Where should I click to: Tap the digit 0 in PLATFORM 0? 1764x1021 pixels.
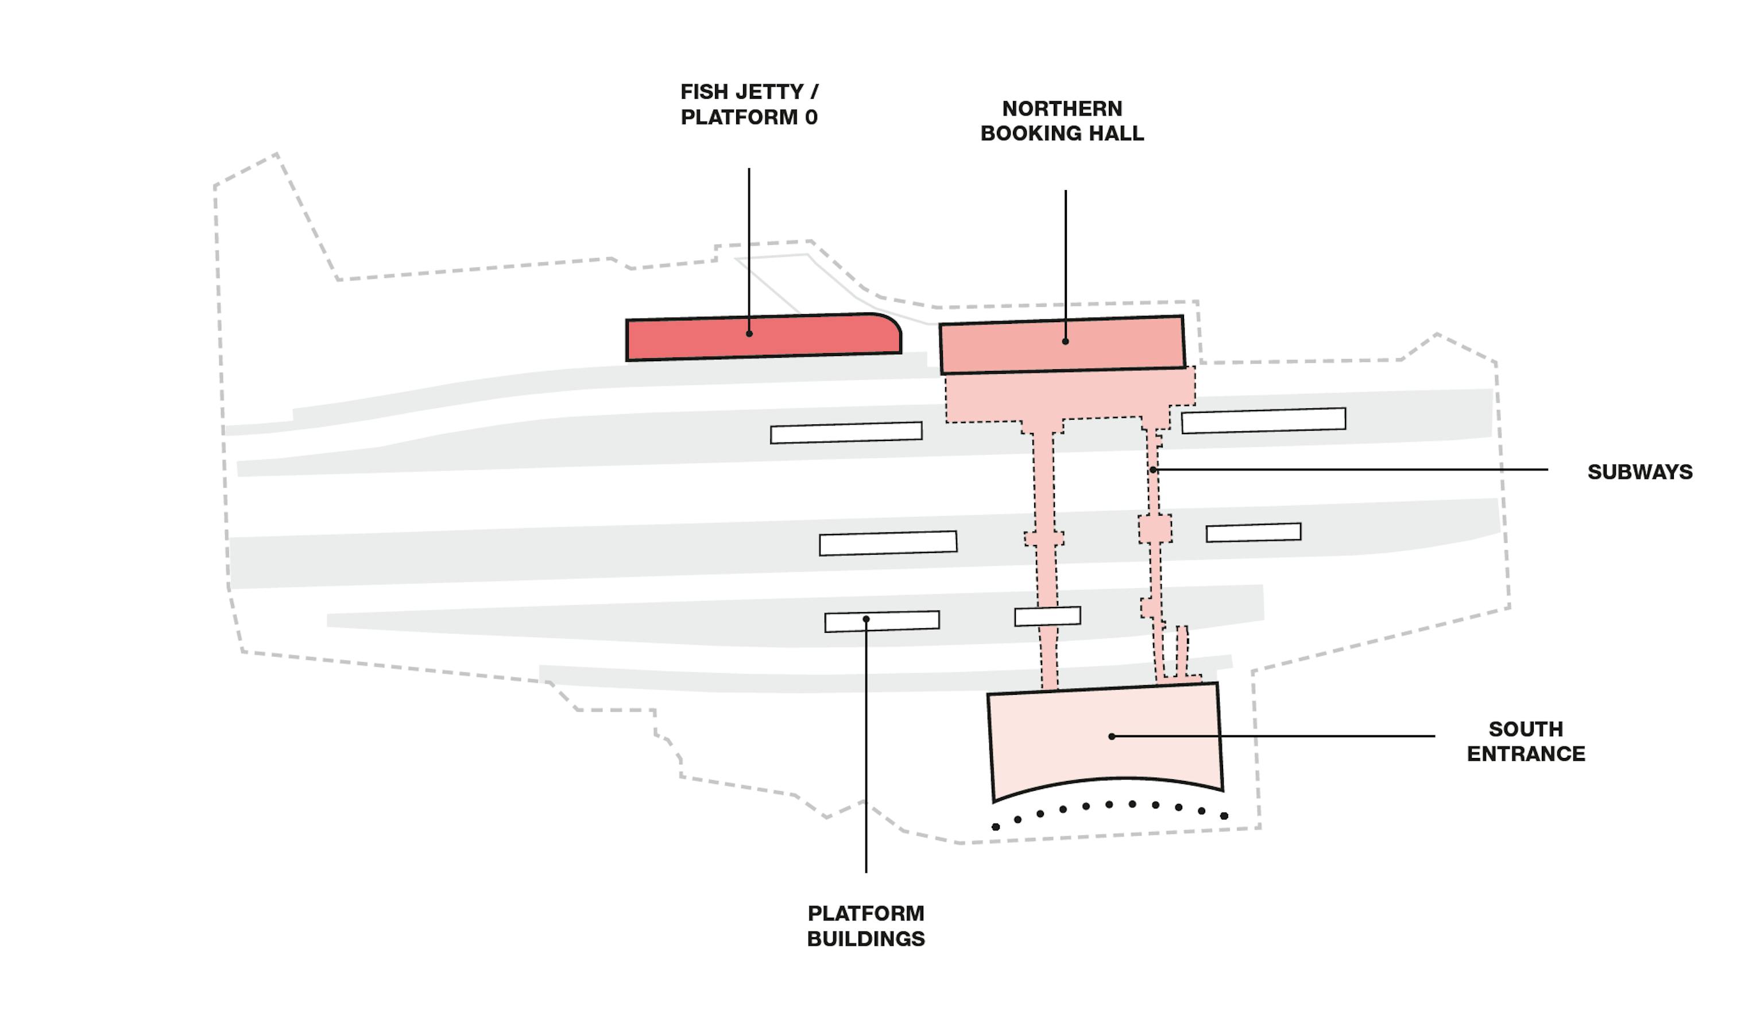811,117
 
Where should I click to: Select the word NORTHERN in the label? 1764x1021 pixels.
1061,109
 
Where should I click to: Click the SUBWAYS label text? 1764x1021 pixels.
1639,473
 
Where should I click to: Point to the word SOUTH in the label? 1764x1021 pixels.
1525,729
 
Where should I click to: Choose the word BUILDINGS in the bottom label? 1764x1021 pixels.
865,939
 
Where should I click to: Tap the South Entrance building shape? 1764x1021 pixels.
1050,742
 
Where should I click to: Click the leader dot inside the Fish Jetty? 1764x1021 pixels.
749,334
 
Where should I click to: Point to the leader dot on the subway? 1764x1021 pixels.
1153,470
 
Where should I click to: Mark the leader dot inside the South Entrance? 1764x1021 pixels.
1112,736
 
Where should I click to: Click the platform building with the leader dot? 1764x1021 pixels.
903,621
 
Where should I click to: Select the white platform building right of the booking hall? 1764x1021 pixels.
1263,420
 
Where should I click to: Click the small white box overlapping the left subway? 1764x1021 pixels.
1047,616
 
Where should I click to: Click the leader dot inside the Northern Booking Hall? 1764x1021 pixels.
1065,342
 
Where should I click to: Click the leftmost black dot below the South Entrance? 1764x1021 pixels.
995,827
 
